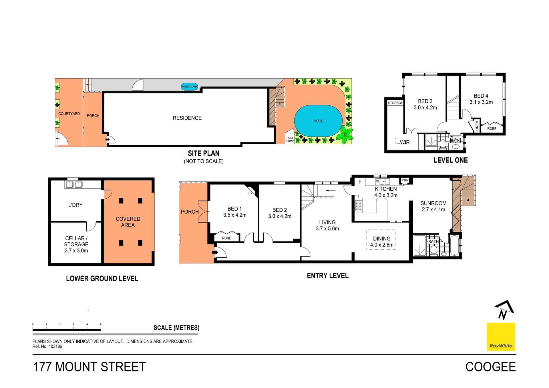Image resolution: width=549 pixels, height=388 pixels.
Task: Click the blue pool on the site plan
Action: click(318, 121)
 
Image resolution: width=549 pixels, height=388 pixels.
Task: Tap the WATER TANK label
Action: click(190, 87)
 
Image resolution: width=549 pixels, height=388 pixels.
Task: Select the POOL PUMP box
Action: click(290, 138)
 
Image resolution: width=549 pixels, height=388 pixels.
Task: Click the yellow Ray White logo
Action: click(501, 337)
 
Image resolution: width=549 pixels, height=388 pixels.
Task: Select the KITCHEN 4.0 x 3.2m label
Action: click(386, 192)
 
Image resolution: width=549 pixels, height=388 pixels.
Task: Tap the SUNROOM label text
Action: click(433, 203)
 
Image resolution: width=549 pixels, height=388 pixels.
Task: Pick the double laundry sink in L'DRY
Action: click(74, 184)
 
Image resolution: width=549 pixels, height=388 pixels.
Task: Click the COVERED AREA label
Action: click(128, 222)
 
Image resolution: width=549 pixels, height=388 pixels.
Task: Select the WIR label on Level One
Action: click(405, 142)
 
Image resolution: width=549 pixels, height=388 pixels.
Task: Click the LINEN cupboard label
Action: click(477, 126)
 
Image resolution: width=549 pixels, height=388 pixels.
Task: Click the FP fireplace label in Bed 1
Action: click(250, 194)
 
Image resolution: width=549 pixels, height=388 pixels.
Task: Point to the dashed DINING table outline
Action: click(381, 239)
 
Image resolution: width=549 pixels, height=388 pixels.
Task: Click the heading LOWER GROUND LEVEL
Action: click(102, 279)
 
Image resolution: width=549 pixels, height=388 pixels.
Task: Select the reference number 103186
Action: click(55, 346)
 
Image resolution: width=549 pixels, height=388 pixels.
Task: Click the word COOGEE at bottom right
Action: click(490, 367)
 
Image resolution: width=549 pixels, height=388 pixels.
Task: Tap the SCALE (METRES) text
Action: click(176, 328)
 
